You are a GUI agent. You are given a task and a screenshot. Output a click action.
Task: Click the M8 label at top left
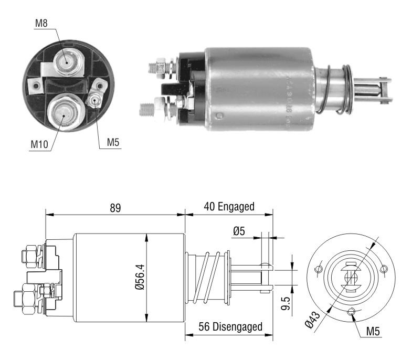click(x=41, y=23)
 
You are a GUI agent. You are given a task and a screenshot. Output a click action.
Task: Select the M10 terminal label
click(x=39, y=144)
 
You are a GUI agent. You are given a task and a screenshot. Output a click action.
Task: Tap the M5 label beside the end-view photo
click(x=113, y=142)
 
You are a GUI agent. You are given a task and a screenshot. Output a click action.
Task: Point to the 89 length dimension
click(x=115, y=208)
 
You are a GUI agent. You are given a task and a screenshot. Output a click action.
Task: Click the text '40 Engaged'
click(x=229, y=207)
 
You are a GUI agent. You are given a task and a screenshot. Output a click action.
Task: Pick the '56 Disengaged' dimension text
click(x=230, y=326)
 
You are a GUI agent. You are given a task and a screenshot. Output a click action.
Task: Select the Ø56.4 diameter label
click(x=140, y=277)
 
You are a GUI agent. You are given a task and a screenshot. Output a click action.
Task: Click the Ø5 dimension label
click(x=239, y=231)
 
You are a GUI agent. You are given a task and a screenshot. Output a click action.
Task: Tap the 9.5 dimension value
click(x=286, y=303)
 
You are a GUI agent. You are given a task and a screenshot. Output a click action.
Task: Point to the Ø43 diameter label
click(x=313, y=319)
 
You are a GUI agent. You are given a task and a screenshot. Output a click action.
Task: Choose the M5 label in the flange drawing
click(x=373, y=331)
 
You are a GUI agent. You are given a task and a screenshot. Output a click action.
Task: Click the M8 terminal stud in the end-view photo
click(x=68, y=62)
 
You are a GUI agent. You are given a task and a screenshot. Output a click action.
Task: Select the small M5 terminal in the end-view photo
click(x=94, y=100)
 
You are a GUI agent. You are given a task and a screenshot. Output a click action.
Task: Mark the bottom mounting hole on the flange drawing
click(x=351, y=312)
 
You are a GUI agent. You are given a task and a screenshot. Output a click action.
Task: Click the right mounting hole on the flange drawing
click(x=384, y=269)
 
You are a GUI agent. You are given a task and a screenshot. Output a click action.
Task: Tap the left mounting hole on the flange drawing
click(x=319, y=269)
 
